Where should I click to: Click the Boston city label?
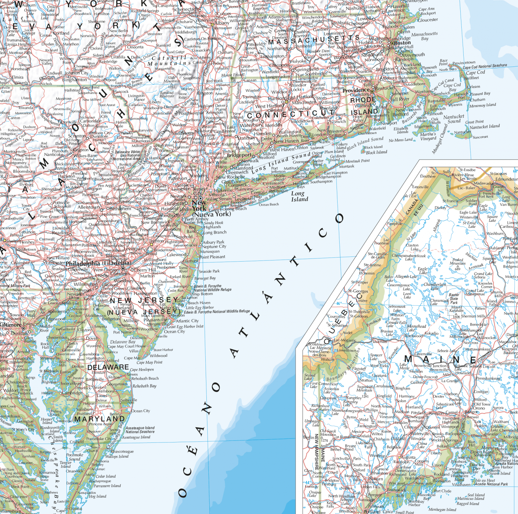402,43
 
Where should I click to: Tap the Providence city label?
356,90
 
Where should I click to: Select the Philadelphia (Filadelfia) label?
98,263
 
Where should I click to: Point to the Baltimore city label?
10,325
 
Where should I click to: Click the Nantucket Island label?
485,127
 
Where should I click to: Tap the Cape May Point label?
149,362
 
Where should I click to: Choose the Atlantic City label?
187,321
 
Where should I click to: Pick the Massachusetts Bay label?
424,36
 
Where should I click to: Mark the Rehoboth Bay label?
144,386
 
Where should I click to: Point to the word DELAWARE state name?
108,367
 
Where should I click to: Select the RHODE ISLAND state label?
364,106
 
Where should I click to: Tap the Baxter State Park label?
454,298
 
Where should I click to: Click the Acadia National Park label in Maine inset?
491,484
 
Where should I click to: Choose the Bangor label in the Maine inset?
471,412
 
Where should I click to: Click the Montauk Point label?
357,161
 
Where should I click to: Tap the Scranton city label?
77,136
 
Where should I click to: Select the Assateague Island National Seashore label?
140,430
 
